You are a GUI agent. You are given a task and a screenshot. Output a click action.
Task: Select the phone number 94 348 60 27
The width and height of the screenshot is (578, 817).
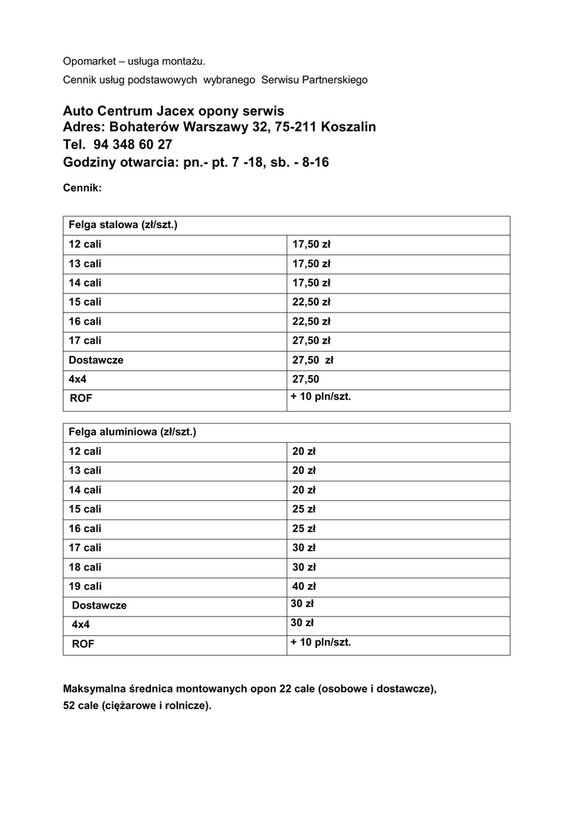133,145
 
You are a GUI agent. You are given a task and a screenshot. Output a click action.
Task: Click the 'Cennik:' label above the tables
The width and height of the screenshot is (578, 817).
82,189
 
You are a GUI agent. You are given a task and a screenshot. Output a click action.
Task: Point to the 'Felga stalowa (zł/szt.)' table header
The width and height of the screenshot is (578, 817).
123,225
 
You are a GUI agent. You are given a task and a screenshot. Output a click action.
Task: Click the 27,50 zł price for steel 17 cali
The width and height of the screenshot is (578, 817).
311,341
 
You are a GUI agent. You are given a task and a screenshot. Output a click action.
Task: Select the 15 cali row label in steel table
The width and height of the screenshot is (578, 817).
85,302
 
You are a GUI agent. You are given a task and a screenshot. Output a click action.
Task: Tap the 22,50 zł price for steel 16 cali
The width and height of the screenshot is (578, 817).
311,322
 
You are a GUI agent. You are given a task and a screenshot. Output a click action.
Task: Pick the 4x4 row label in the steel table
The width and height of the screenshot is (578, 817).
77,380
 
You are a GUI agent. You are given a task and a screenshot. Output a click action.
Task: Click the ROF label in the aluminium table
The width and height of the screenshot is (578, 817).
83,643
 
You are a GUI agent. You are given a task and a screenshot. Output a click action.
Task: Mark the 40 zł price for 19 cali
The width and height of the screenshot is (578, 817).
304,586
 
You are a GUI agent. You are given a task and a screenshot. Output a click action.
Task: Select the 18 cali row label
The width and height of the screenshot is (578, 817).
85,567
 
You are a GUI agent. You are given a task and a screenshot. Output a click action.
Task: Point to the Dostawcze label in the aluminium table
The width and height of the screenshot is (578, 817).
99,606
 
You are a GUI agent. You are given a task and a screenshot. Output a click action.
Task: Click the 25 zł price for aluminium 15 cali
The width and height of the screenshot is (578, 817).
304,509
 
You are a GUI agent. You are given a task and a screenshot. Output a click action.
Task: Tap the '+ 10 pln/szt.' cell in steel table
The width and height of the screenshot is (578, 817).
321,397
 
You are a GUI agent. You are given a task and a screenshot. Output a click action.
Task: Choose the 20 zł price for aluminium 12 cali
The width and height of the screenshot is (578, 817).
304,452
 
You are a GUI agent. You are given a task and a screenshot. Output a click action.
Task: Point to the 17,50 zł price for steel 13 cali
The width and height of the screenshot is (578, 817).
311,264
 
